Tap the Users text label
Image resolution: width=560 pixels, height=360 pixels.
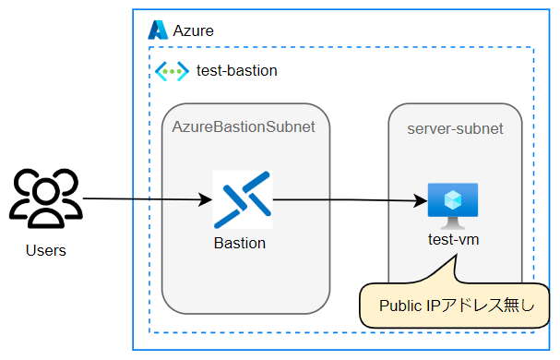click(x=46, y=250)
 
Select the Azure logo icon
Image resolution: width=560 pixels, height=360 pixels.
click(x=158, y=30)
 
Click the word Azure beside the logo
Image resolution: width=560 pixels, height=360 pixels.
click(x=194, y=30)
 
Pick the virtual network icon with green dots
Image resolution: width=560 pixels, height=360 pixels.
click(x=172, y=70)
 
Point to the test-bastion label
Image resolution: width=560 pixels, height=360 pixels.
click(x=236, y=70)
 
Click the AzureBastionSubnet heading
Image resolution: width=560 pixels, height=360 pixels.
click(x=244, y=127)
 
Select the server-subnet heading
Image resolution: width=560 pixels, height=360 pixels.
click(x=455, y=128)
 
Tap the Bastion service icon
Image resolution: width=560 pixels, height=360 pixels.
click(x=242, y=199)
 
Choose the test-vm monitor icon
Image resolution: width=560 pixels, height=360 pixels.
click(x=453, y=203)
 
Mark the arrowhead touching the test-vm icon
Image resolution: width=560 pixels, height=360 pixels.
click(x=421, y=199)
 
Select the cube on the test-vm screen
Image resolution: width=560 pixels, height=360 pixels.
click(x=453, y=198)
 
